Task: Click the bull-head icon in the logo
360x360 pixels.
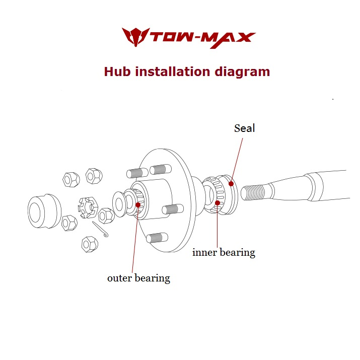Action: (135, 37)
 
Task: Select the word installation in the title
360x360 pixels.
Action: (172, 71)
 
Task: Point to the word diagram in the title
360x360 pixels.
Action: (242, 73)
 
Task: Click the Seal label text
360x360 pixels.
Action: (244, 128)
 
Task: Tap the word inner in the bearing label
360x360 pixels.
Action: (204, 253)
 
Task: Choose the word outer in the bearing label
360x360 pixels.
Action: (119, 278)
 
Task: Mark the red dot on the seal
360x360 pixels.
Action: (231, 184)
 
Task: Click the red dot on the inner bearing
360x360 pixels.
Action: (218, 203)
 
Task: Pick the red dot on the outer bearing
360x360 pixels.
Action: (138, 205)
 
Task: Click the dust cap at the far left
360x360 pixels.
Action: (44, 211)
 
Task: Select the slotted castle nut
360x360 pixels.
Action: (88, 207)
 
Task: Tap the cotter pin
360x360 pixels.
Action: (100, 229)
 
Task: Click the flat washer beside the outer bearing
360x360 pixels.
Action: (120, 204)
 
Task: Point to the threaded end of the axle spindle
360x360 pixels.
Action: (253, 193)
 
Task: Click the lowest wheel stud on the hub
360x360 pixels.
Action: (157, 238)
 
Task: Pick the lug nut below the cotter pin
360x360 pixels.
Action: (90, 244)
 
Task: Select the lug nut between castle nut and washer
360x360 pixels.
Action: (106, 215)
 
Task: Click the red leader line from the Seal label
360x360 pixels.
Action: (237, 160)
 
